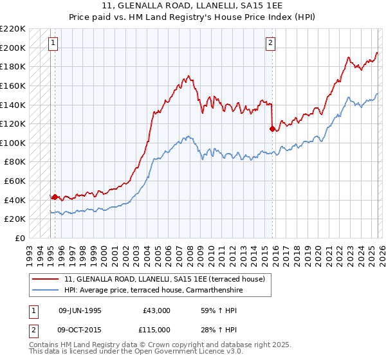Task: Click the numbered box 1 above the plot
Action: coord(53,43)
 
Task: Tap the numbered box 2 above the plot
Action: coord(270,43)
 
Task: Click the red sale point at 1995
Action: coord(55,197)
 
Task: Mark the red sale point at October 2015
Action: coord(272,129)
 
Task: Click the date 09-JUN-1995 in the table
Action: coord(80,310)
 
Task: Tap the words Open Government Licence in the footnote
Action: coord(176,352)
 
